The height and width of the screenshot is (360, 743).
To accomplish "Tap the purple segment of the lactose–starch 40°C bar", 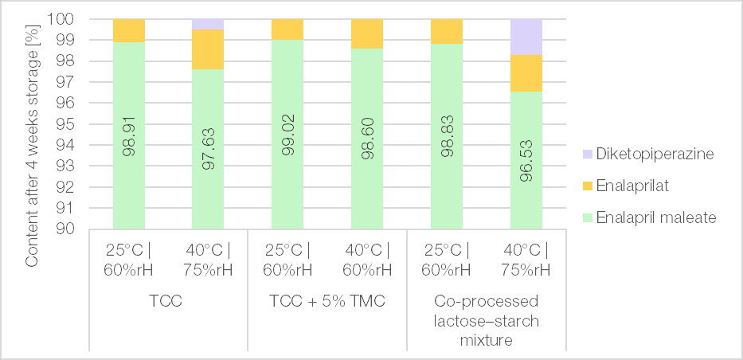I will coord(526,37).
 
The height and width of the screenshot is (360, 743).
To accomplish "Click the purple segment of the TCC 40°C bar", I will coord(209,24).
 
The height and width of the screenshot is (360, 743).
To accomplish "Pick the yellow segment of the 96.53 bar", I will coord(526,73).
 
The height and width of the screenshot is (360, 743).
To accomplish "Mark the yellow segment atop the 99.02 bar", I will coord(287,29).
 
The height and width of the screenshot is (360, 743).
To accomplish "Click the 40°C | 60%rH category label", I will coord(367,258).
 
